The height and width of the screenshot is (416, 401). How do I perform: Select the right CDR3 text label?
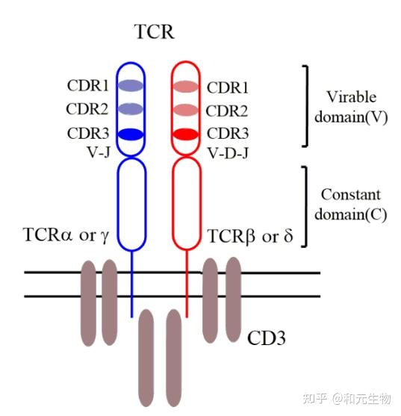tap(228, 135)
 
